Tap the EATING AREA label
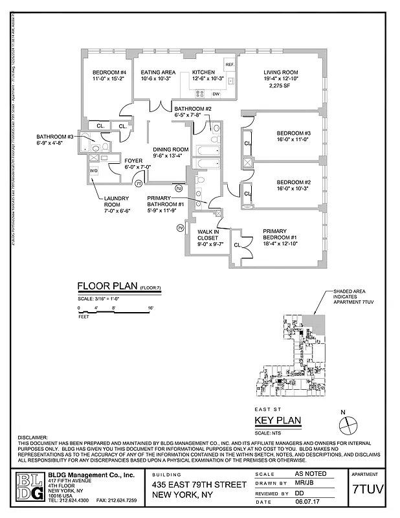tap(158, 72)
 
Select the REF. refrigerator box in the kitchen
tap(229, 65)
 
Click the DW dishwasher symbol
tap(216, 95)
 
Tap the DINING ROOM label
tap(171, 150)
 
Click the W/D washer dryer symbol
tap(94, 171)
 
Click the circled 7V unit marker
tap(180, 228)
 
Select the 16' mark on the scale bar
tap(151, 308)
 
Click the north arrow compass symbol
tap(348, 424)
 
